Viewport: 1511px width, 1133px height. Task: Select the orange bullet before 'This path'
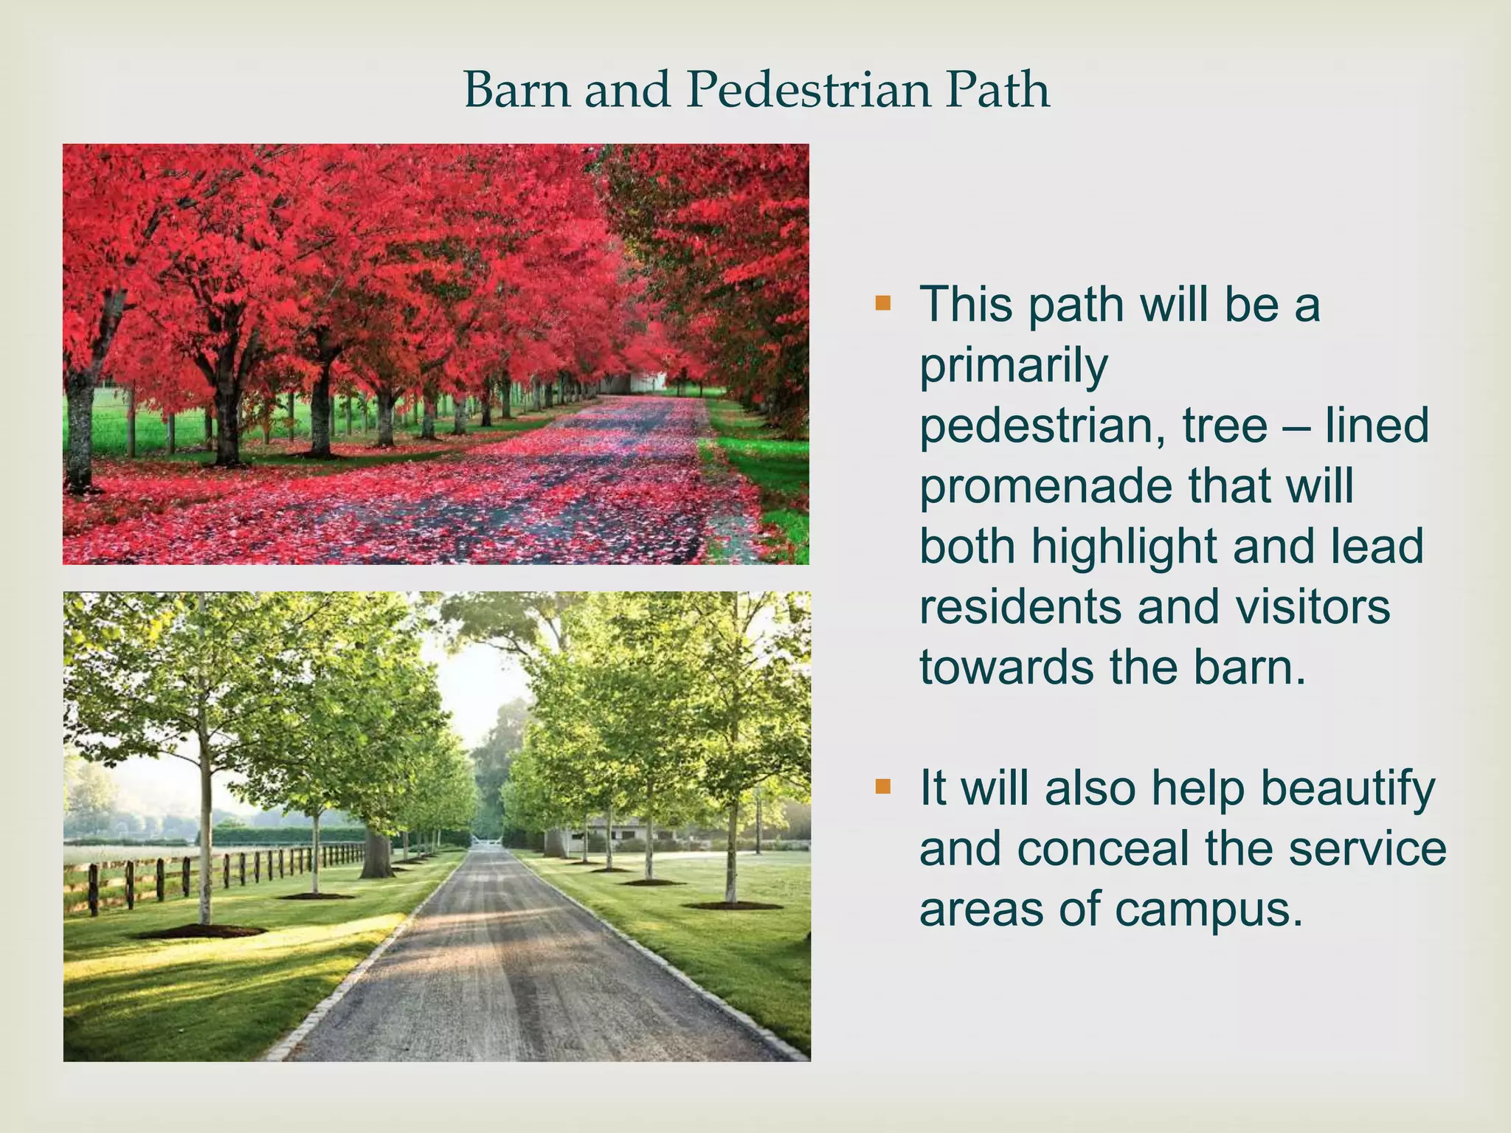pos(882,303)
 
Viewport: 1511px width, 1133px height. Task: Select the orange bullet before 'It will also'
pos(882,787)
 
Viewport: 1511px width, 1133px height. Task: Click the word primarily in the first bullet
pos(1013,367)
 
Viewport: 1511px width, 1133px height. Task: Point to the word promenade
pos(1045,487)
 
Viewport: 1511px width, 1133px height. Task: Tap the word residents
pos(1021,607)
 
